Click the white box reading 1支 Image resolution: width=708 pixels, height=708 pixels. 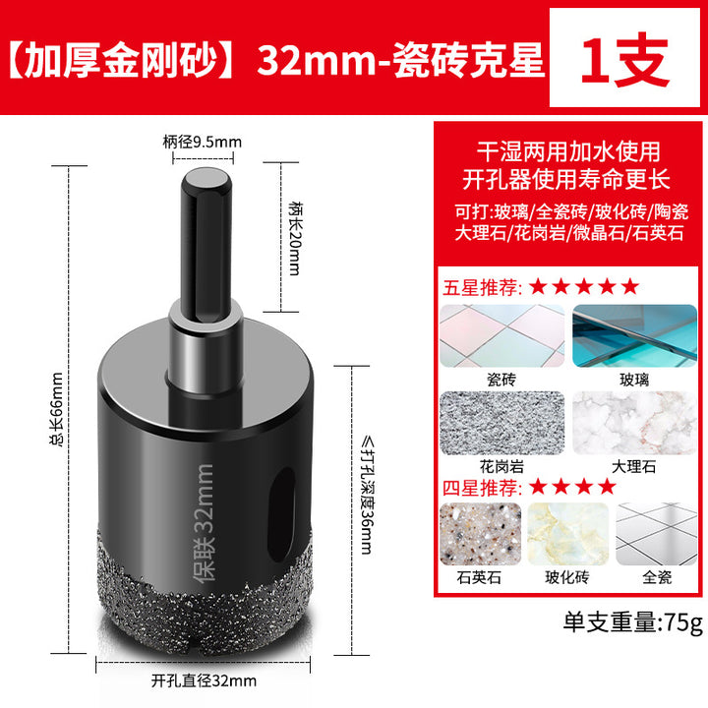pyautogui.click(x=624, y=58)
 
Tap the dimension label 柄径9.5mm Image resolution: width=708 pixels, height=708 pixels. pyautogui.click(x=203, y=143)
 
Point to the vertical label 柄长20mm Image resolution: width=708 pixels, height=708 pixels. pyautogui.click(x=295, y=238)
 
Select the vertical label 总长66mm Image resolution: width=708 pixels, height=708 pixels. pyautogui.click(x=57, y=410)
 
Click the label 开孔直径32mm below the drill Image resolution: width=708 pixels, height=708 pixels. pyautogui.click(x=204, y=680)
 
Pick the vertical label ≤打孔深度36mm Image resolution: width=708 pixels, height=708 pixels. pyautogui.click(x=367, y=495)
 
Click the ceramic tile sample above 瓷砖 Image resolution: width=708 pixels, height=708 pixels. pyautogui.click(x=502, y=335)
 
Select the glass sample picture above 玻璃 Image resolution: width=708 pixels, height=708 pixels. pyautogui.click(x=634, y=335)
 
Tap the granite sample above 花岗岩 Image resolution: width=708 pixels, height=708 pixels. pyautogui.click(x=502, y=423)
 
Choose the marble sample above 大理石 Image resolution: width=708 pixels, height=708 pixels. pyautogui.click(x=634, y=423)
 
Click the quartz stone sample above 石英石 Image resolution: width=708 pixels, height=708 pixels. pyautogui.click(x=481, y=534)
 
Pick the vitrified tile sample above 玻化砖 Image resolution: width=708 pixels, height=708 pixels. pyautogui.click(x=568, y=534)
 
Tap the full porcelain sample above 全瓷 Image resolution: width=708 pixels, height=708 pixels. pyautogui.click(x=657, y=534)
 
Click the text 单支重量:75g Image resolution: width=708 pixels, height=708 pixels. pyautogui.click(x=633, y=622)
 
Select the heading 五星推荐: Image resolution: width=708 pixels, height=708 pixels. pyautogui.click(x=482, y=287)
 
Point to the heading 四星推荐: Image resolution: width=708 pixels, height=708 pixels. pyautogui.click(x=482, y=488)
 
